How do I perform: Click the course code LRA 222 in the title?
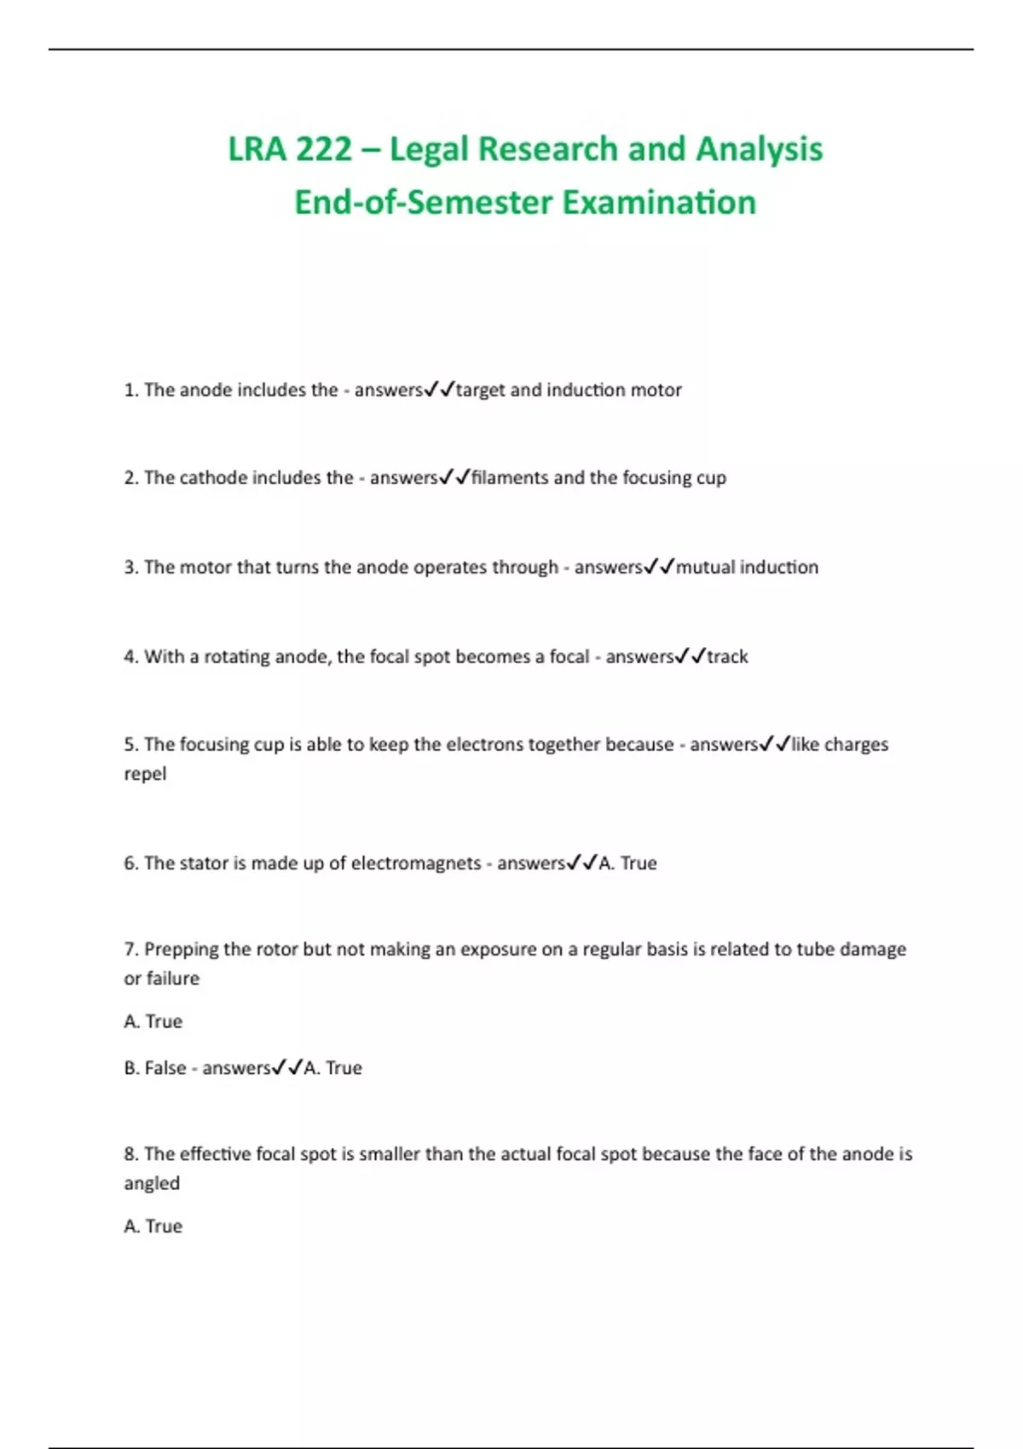pyautogui.click(x=290, y=149)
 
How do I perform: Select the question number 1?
pyautogui.click(x=130, y=390)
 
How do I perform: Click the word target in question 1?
pyautogui.click(x=481, y=390)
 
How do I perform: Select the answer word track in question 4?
pyautogui.click(x=727, y=657)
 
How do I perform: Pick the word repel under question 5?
pyautogui.click(x=145, y=775)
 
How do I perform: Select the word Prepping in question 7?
pyautogui.click(x=180, y=950)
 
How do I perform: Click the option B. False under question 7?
pyautogui.click(x=155, y=1068)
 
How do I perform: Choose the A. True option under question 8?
pyautogui.click(x=153, y=1227)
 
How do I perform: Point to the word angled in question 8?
pyautogui.click(x=152, y=1184)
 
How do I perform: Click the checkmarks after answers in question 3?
pyautogui.click(x=659, y=568)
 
